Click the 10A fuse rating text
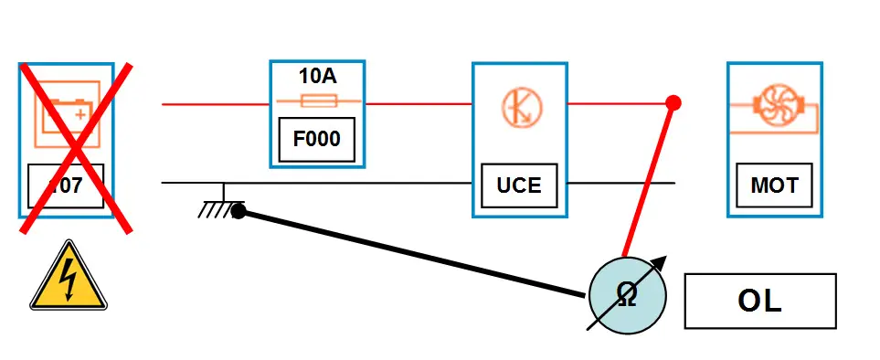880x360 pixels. pyautogui.click(x=317, y=76)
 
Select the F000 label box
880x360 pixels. pyautogui.click(x=317, y=140)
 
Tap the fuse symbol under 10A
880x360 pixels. pyautogui.click(x=317, y=102)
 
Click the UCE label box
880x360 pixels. pyautogui.click(x=518, y=186)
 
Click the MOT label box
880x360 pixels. pyautogui.click(x=774, y=186)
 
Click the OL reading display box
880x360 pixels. pyautogui.click(x=759, y=302)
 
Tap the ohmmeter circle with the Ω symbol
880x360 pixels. pyautogui.click(x=627, y=294)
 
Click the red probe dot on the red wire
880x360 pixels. pyautogui.click(x=673, y=102)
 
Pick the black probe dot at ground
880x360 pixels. pyautogui.click(x=238, y=212)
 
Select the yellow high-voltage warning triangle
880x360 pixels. pyautogui.click(x=69, y=277)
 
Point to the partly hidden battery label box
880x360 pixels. pyautogui.click(x=66, y=185)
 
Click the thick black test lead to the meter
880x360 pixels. pyautogui.click(x=411, y=253)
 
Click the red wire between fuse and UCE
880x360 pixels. pyautogui.click(x=418, y=103)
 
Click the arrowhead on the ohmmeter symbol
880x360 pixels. pyautogui.click(x=660, y=262)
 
